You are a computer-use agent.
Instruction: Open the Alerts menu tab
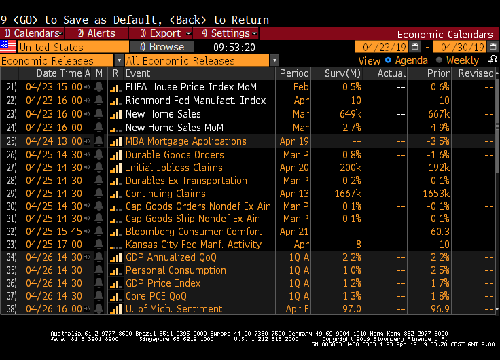pyautogui.click(x=96, y=33)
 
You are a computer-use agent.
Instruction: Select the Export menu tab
pyautogui.click(x=161, y=33)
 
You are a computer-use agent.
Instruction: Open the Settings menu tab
pyautogui.click(x=226, y=33)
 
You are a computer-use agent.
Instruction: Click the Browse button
pyautogui.click(x=162, y=47)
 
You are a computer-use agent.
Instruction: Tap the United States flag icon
pyautogui.click(x=8, y=47)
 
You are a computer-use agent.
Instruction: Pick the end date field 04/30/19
pyautogui.click(x=462, y=47)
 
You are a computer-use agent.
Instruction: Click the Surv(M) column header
pyautogui.click(x=343, y=73)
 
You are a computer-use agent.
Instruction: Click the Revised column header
pyautogui.click(x=476, y=73)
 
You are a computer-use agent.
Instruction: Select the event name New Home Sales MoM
pyautogui.click(x=175, y=127)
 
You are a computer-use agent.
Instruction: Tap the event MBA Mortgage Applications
pyautogui.click(x=186, y=141)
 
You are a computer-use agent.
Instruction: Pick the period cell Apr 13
pyautogui.click(x=294, y=193)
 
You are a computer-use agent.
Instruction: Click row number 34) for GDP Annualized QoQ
pyautogui.click(x=12, y=257)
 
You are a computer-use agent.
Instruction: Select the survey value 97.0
pyautogui.click(x=351, y=309)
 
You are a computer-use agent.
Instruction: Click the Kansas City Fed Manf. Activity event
pyautogui.click(x=194, y=244)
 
